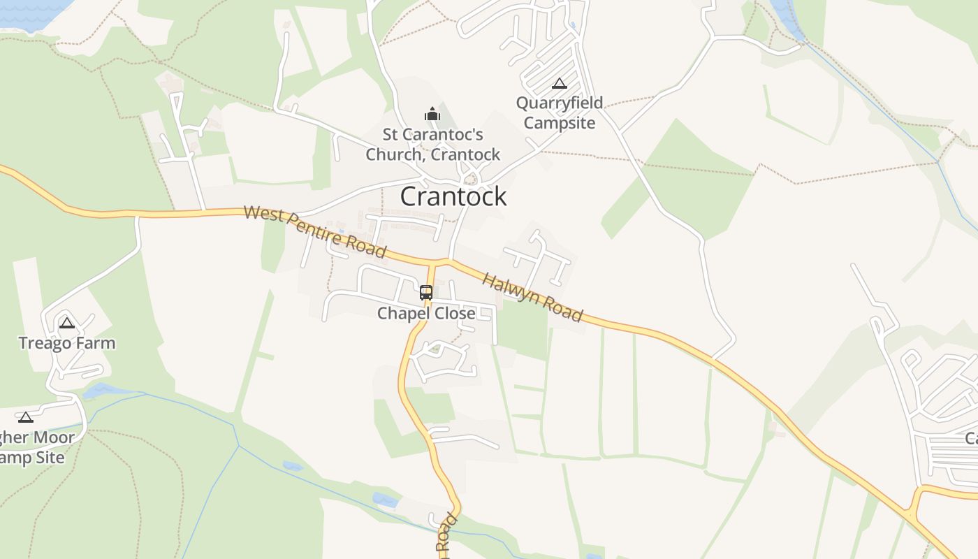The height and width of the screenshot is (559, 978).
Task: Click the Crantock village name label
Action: pos(453,196)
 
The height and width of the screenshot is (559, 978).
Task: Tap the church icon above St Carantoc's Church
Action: pos(432,113)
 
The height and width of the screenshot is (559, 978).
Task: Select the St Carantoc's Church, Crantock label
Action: pos(433,144)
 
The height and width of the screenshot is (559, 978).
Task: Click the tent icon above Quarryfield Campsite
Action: pos(559,84)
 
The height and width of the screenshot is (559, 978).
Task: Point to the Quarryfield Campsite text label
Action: pos(560,113)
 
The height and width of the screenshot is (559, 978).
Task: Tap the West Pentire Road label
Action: pos(314,231)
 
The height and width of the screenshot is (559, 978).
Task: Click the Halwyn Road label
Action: pos(532,298)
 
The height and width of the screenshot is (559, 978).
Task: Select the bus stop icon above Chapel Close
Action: pos(426,293)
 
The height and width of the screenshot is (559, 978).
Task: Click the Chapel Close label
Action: pos(426,313)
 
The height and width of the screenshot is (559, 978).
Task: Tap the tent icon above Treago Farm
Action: pos(67,323)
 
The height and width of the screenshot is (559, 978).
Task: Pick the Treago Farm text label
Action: pos(67,343)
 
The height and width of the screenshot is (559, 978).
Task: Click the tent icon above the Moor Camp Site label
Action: pos(26,418)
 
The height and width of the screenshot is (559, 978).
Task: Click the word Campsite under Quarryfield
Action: pos(560,123)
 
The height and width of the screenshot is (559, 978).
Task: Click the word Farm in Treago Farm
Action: pos(98,343)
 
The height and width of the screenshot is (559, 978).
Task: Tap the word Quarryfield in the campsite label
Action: pos(560,103)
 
